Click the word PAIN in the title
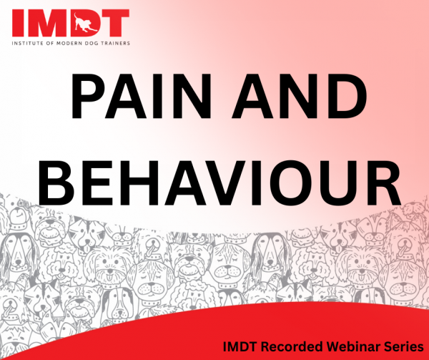coord(141,96)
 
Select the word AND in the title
coord(300,96)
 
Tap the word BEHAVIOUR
coord(220,183)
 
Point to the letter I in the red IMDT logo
coord(17,23)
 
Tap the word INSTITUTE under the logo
coord(26,43)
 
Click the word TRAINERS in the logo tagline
coord(116,43)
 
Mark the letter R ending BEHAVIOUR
coord(383,183)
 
